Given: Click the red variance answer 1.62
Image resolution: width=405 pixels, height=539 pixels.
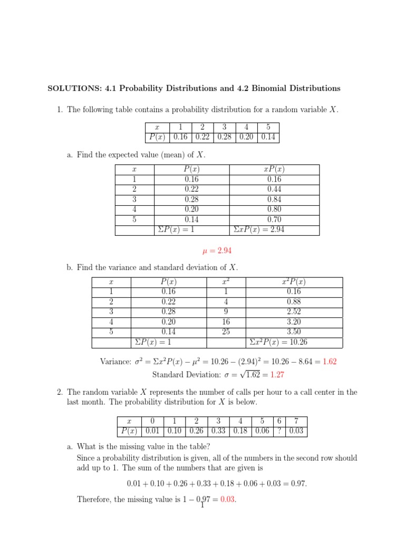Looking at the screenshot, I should point(330,362).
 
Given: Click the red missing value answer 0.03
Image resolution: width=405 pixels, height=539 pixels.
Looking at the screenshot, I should point(227,500).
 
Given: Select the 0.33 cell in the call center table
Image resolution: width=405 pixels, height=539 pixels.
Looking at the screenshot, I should point(218,431).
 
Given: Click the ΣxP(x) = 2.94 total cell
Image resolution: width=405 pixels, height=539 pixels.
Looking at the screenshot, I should point(258,230).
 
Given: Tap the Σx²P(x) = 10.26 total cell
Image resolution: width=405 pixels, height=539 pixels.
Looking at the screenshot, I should point(277,342).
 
